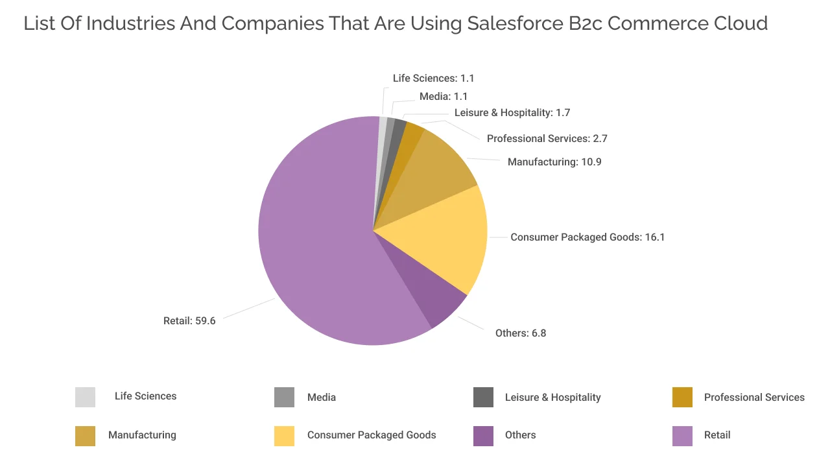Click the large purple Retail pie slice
(x=311, y=246)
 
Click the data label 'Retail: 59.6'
(x=189, y=321)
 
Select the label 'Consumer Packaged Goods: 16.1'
(x=587, y=237)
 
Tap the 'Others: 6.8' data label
(x=520, y=333)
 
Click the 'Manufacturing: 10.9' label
(x=554, y=162)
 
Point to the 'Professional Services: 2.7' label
(x=547, y=139)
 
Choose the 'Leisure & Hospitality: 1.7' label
(x=512, y=113)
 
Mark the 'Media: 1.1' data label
(x=444, y=97)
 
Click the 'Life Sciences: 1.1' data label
(x=433, y=78)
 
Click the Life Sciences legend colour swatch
(x=85, y=397)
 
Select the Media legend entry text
(x=322, y=397)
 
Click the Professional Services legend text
(x=754, y=397)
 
